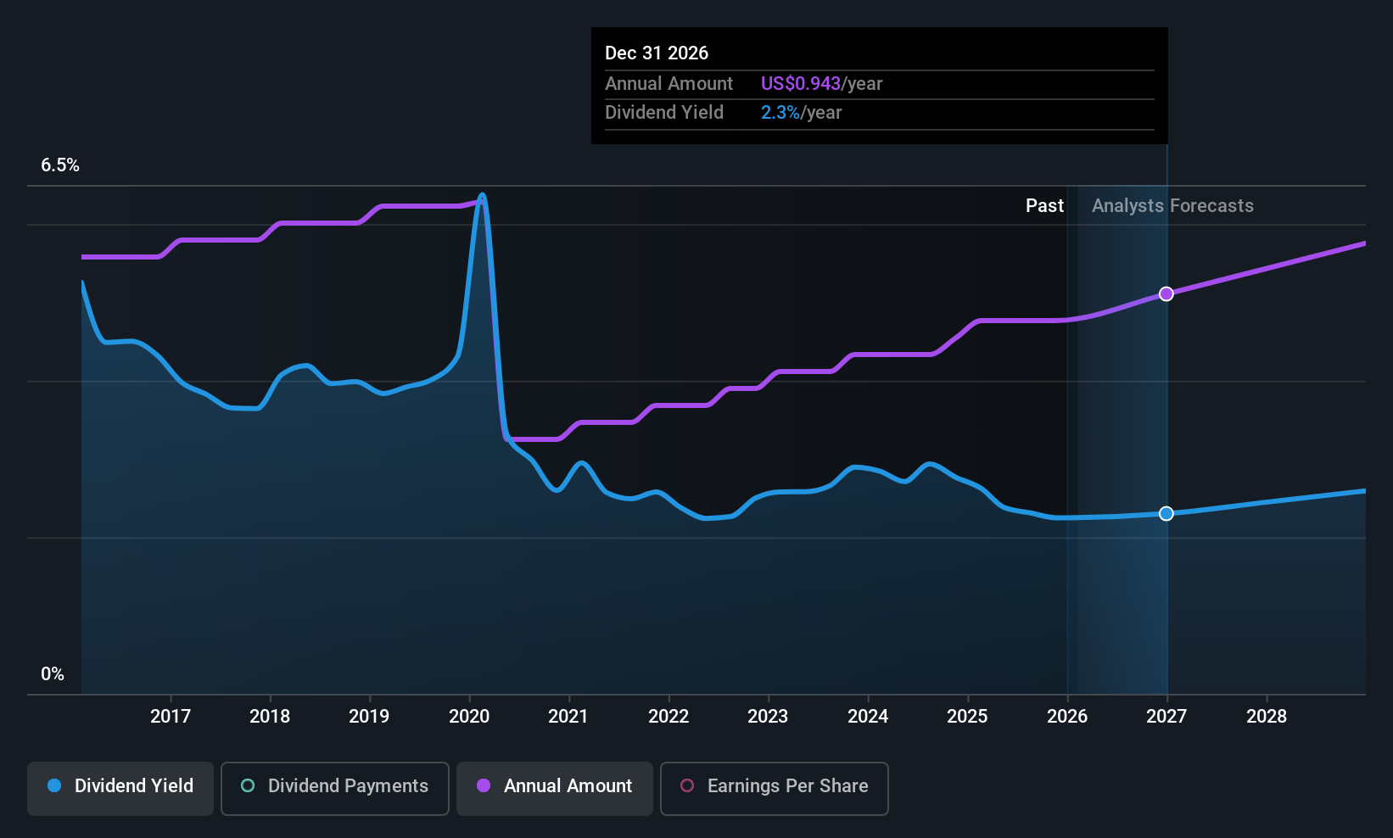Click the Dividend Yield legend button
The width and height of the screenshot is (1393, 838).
tap(120, 788)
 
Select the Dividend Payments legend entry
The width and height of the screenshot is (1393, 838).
tap(334, 788)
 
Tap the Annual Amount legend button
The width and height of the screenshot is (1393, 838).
tap(555, 788)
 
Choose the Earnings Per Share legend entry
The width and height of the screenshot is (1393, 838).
tap(775, 788)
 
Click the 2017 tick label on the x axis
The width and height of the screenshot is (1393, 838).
tap(171, 716)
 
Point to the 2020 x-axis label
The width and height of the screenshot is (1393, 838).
tap(469, 716)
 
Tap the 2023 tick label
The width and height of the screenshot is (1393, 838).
tap(768, 716)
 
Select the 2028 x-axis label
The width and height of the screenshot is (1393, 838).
tap(1267, 716)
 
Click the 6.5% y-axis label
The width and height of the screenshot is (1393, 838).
tap(60, 165)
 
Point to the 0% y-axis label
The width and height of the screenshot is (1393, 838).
tap(53, 674)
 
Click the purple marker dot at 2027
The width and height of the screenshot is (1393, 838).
tap(1166, 293)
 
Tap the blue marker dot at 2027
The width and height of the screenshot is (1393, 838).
tap(1166, 513)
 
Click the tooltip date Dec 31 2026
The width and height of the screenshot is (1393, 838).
tap(657, 53)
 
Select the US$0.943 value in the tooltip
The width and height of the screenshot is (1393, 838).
tap(801, 83)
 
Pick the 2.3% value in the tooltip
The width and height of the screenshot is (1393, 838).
tap(780, 113)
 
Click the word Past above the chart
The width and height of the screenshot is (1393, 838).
tap(1045, 206)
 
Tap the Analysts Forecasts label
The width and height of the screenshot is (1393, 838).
tap(1173, 206)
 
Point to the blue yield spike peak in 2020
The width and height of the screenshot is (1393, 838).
tap(482, 195)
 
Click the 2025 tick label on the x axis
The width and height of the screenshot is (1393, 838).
tap(968, 716)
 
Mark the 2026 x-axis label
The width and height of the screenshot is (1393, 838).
tap(1067, 716)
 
